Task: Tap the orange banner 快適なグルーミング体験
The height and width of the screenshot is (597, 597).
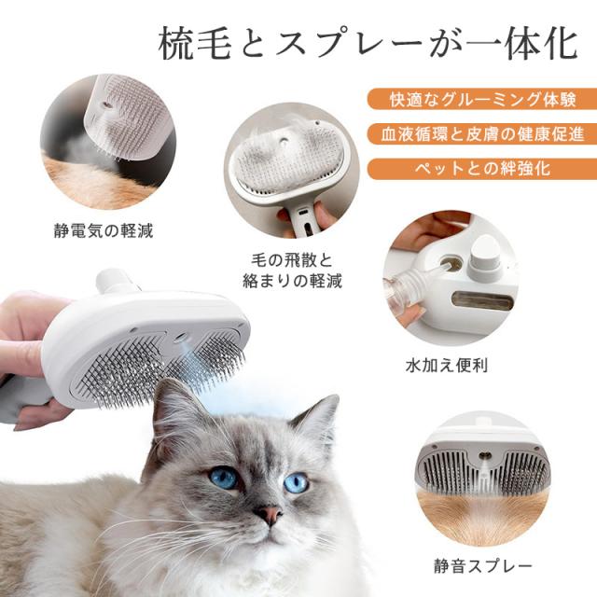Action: [x=482, y=100]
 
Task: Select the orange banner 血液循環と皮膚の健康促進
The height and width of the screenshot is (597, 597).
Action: [x=482, y=134]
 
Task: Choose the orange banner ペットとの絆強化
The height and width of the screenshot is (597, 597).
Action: [x=482, y=168]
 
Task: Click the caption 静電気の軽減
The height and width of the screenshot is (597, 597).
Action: [x=104, y=230]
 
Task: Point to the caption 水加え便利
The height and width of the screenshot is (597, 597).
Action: [x=447, y=366]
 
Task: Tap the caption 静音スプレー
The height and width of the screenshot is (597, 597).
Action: [x=483, y=566]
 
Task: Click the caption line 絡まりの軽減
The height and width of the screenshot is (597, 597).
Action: [x=292, y=281]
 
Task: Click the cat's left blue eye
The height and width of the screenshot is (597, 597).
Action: [x=224, y=478]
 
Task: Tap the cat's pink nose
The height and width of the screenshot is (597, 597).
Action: [x=269, y=514]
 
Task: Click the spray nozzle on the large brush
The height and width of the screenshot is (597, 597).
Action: [x=180, y=338]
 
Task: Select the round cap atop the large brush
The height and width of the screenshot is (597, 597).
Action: [x=112, y=281]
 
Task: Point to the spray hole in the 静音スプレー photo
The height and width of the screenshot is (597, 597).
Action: [x=484, y=455]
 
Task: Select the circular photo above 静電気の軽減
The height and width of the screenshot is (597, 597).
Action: [x=108, y=142]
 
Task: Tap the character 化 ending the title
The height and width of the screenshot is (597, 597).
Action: [x=561, y=45]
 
